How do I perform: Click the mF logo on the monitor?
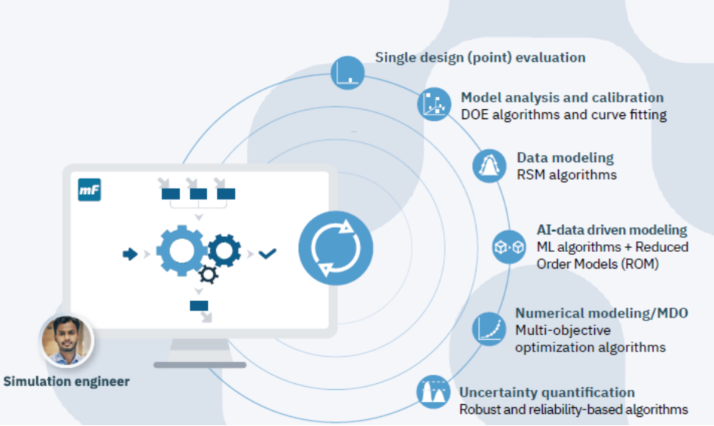[90, 190]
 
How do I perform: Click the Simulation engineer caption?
[66, 382]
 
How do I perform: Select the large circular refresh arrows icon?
[335, 246]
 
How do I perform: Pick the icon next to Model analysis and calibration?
[435, 105]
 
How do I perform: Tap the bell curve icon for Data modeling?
[490, 166]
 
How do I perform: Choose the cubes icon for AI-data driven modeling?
[509, 247]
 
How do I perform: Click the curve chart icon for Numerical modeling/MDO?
[489, 329]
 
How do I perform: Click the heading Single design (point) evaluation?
[481, 57]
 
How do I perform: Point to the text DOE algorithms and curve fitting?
[563, 114]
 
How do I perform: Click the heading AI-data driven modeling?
[612, 230]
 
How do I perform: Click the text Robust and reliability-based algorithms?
[573, 409]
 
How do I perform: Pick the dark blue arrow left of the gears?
[130, 254]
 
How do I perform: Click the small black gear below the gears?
[209, 275]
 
